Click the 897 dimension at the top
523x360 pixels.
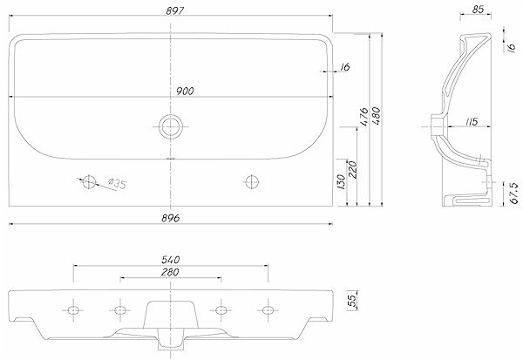point(175,11)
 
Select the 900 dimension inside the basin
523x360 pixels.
point(185,91)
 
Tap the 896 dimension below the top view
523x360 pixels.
point(171,218)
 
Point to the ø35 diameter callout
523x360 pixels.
point(117,183)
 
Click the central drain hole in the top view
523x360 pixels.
point(171,126)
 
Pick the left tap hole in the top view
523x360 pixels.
point(89,182)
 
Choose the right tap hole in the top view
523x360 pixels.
point(252,182)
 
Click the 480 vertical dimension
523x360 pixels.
point(376,115)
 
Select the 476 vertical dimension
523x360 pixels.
point(363,117)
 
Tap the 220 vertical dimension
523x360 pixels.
point(352,169)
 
